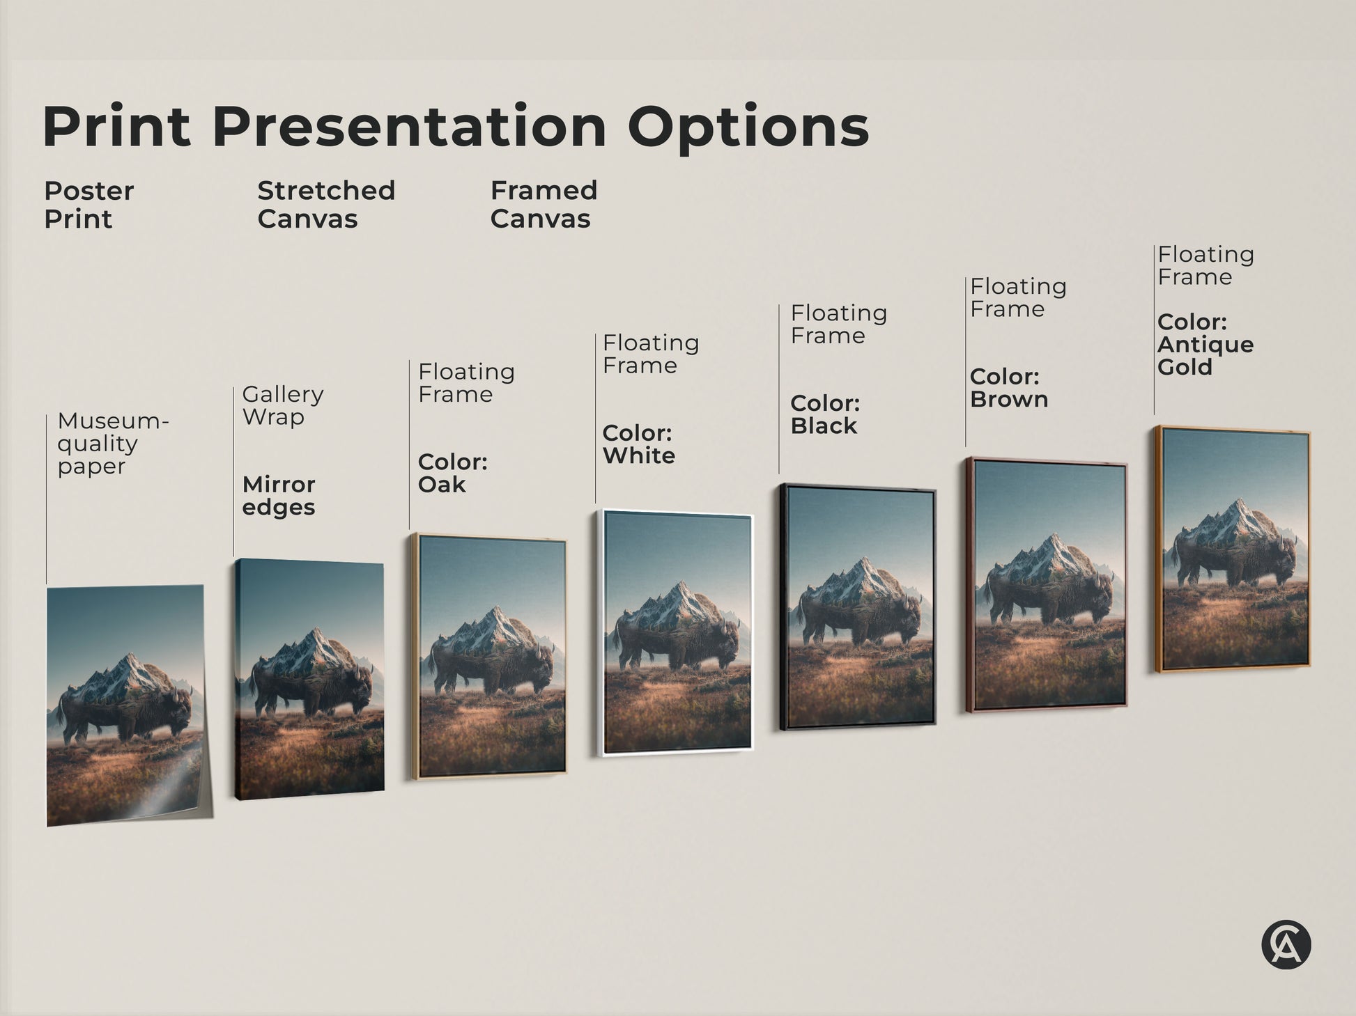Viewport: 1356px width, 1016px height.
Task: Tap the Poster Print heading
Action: coord(88,204)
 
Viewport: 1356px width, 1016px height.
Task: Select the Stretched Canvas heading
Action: coord(325,204)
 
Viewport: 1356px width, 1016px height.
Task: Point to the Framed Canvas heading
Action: coord(544,204)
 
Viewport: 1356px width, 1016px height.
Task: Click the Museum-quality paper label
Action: coord(112,443)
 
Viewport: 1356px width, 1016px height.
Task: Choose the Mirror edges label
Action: coord(279,495)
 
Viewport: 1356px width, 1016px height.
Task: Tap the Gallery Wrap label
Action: coord(282,405)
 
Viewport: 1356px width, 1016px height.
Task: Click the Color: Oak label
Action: coord(452,473)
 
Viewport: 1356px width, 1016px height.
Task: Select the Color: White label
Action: coord(638,444)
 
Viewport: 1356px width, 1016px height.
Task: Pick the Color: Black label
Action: coord(825,414)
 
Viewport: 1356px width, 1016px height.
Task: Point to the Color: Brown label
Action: coord(1008,387)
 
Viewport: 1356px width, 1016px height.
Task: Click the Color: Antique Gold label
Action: coord(1205,344)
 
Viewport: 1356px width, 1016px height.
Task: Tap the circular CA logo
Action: coord(1286,945)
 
